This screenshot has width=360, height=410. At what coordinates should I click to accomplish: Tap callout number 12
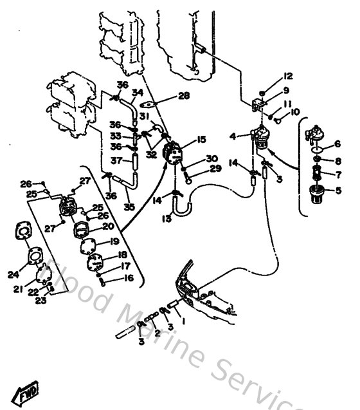287,76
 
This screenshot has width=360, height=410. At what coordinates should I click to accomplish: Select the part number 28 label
184,96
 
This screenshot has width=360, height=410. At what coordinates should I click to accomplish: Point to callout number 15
201,138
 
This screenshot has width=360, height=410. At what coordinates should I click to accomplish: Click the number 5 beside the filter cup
337,190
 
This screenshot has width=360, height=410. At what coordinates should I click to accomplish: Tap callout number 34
137,93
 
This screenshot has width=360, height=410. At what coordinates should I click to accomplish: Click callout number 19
115,242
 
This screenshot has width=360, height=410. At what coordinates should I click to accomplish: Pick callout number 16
129,279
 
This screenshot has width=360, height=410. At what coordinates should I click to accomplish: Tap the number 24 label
13,274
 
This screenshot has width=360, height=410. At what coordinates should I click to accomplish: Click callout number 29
214,169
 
